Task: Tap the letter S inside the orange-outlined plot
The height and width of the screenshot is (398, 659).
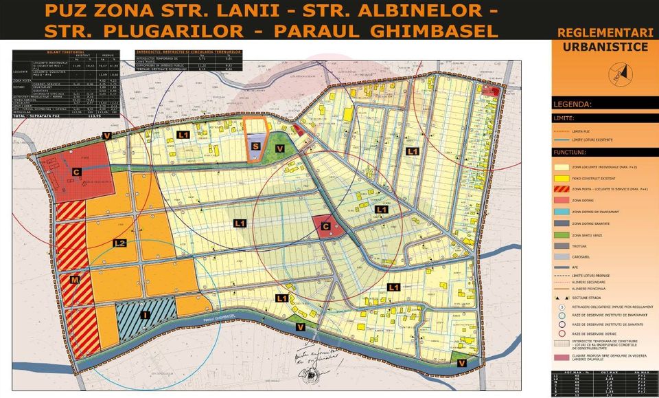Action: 255,146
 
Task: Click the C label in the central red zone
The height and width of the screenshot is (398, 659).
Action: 325,225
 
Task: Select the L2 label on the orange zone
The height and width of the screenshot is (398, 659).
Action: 119,243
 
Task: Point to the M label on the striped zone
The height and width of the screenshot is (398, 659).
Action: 73,279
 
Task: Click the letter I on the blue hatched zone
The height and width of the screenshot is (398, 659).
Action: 144,316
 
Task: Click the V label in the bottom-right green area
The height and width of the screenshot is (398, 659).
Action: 461,363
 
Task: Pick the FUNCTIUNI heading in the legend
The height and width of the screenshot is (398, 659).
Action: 570,152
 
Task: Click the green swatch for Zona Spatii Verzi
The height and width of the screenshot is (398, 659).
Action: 561,235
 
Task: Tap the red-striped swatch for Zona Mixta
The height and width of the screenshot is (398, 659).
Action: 561,188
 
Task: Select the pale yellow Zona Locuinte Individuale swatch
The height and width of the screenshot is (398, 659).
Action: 561,166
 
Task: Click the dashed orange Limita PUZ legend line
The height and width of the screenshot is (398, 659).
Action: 561,130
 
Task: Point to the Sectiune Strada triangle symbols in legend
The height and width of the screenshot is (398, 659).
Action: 561,298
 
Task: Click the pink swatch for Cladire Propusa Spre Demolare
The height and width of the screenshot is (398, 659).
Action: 561,357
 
